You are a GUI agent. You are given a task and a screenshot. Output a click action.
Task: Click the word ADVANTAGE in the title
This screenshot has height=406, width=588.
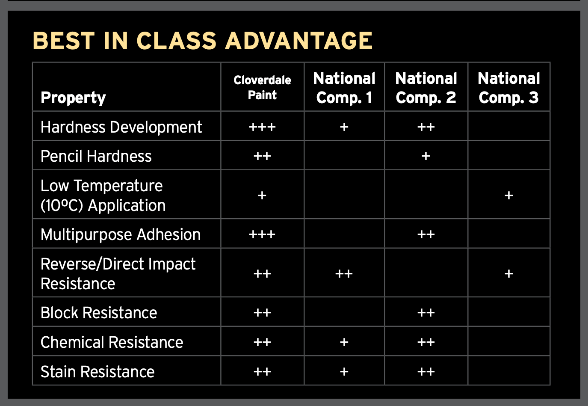[x=299, y=41]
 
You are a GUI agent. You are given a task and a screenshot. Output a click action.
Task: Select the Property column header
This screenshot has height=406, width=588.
[x=73, y=98]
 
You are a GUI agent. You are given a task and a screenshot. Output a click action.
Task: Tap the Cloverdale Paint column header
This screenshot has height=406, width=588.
[x=262, y=87]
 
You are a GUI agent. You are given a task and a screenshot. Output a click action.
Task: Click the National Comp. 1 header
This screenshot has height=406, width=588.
[x=344, y=88]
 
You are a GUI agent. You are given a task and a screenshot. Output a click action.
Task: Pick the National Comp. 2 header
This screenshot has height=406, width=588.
[x=426, y=88]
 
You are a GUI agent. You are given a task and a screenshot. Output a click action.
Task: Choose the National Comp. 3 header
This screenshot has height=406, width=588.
[x=509, y=88]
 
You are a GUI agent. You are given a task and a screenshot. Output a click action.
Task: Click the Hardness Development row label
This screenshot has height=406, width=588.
[x=121, y=127]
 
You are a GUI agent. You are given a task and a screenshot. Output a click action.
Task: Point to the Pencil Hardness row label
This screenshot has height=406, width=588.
[x=96, y=156]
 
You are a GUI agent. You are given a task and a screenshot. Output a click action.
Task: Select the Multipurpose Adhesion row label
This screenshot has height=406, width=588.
[x=121, y=234]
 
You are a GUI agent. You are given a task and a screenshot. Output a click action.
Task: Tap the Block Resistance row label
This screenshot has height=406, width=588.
[x=99, y=312]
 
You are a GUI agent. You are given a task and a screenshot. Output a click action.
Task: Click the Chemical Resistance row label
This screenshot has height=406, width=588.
[x=112, y=342]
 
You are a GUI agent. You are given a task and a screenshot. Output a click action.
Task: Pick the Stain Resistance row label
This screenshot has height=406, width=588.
[x=98, y=372]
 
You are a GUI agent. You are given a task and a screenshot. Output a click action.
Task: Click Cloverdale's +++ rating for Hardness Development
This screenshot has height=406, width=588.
[x=262, y=127]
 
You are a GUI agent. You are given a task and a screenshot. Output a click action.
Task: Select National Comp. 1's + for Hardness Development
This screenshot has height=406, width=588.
[x=344, y=127]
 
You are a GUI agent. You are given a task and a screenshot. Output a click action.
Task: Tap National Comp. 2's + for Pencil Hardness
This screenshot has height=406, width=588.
[x=426, y=156]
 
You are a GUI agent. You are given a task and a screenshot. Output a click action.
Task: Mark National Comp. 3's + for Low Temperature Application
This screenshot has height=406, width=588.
[x=509, y=196]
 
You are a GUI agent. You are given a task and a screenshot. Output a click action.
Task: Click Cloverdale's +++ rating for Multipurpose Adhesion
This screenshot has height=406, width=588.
[x=262, y=234]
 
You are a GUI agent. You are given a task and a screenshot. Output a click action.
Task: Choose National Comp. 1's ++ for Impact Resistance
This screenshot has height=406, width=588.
[x=344, y=274]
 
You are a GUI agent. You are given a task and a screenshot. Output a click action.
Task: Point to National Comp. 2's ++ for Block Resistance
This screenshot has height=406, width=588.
[x=426, y=312]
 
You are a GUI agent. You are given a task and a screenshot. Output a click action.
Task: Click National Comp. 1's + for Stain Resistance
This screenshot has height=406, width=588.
[x=344, y=372]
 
